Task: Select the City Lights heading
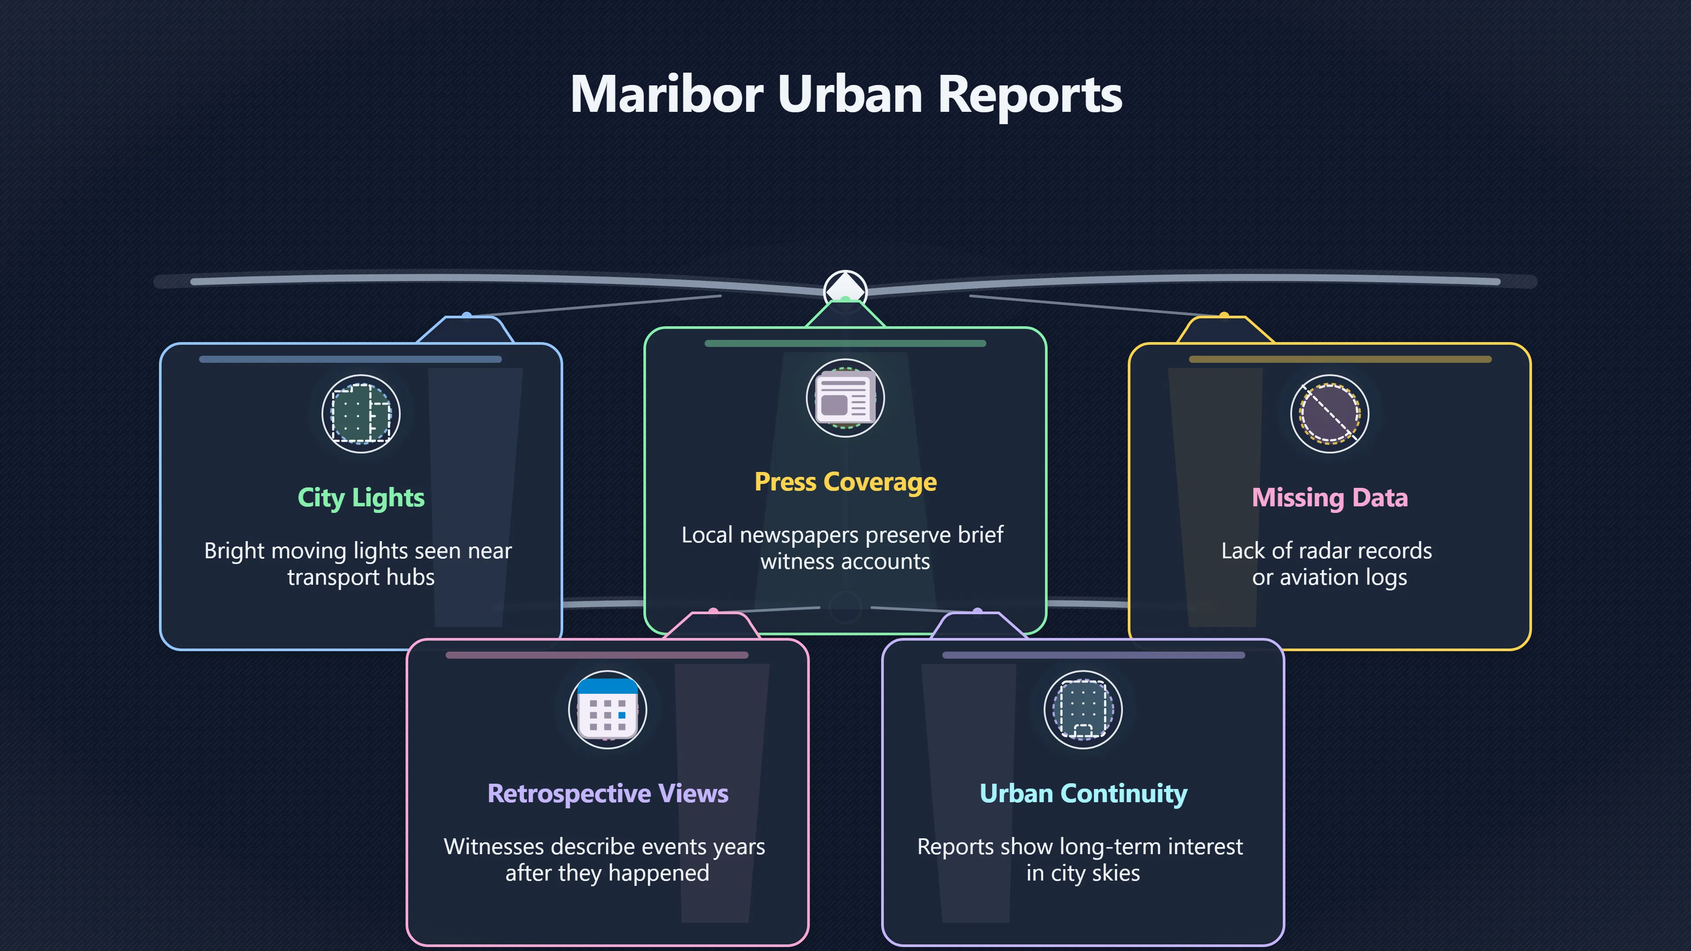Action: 361,498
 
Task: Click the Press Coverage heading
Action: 845,482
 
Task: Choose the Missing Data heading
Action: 1329,498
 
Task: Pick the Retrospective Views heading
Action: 608,793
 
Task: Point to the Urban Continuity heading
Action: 1083,793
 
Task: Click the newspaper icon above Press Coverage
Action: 845,398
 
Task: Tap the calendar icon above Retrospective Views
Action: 608,709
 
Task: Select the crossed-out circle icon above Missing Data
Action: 1329,413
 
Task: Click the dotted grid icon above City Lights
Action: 361,413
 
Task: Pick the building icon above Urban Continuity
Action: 1083,709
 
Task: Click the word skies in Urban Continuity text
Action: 1116,874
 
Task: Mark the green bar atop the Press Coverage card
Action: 845,343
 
